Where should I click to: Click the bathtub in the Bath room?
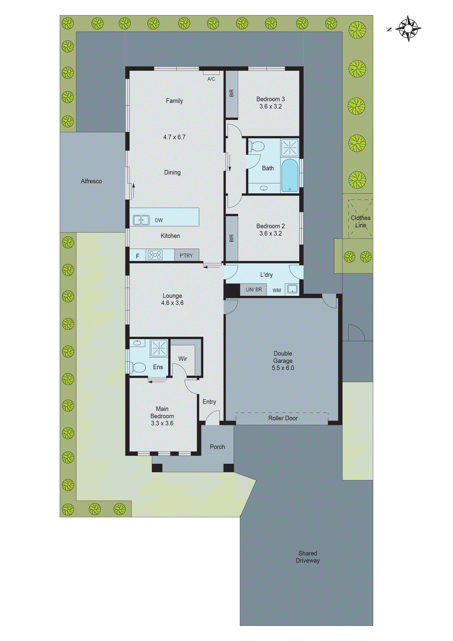coord(290,176)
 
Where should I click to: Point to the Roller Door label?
coord(283,418)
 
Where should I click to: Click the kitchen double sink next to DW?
coord(141,220)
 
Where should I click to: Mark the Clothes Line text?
coord(360,221)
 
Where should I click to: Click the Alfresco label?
coord(91,181)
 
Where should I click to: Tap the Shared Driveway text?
coord(308,557)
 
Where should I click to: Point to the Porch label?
coord(217,447)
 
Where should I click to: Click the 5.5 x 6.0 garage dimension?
coord(283,368)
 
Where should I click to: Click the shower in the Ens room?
coord(159,348)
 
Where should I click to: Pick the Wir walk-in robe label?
coord(182,359)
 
